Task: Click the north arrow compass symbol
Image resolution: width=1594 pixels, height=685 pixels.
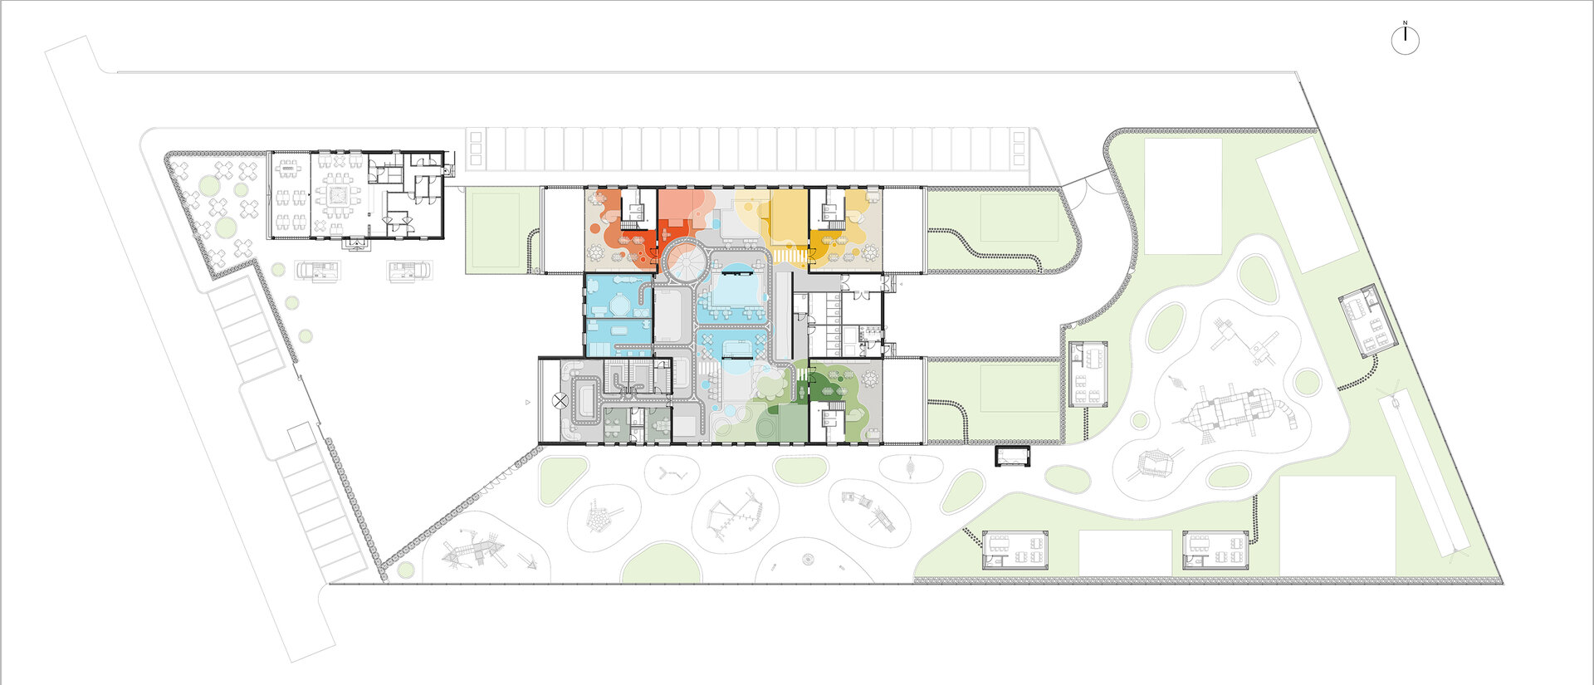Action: point(1405,39)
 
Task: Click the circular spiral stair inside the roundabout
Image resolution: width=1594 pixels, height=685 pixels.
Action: point(686,262)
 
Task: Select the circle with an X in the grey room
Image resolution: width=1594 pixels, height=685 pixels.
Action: point(561,400)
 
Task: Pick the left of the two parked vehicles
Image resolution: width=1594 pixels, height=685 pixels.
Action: point(319,270)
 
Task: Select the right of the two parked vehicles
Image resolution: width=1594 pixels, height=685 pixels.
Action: point(409,271)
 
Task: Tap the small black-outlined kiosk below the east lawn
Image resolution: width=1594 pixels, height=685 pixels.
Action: point(1012,455)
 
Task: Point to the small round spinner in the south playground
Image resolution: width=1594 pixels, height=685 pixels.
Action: point(808,559)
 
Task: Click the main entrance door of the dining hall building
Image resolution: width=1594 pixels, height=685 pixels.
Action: point(358,243)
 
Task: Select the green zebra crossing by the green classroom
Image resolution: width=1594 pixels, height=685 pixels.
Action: point(802,374)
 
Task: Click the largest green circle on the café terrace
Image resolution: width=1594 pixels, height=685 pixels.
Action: point(224,227)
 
